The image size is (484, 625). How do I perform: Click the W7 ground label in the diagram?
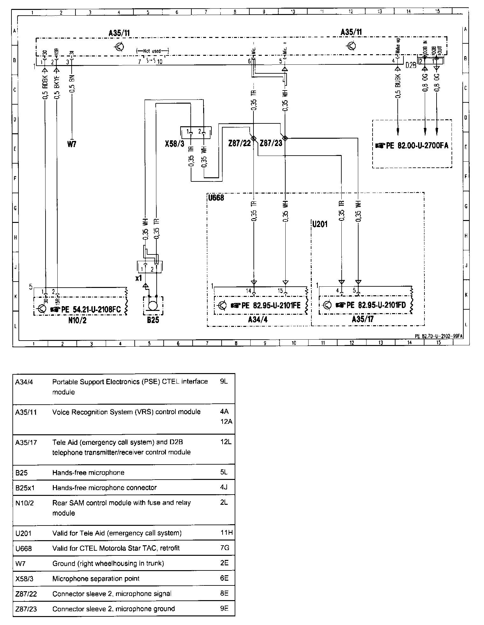tap(72, 144)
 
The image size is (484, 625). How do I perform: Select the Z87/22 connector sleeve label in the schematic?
tap(239, 143)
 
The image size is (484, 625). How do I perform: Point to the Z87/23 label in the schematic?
tap(271, 143)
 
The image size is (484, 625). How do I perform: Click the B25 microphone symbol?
tap(153, 304)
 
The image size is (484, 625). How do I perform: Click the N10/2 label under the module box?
tap(77, 320)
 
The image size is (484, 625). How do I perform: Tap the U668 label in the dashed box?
tap(216, 198)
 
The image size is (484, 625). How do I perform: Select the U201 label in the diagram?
tap(320, 224)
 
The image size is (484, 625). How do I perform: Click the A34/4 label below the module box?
tap(258, 320)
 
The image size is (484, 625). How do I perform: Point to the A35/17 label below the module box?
tap(363, 320)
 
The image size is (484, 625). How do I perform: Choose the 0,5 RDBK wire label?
tap(45, 87)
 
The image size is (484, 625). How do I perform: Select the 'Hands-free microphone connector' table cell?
tap(104, 488)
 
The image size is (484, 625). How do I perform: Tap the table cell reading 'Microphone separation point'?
tap(96, 578)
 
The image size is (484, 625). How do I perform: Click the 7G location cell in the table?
tap(224, 548)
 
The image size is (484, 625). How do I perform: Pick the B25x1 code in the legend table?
tap(24, 488)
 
